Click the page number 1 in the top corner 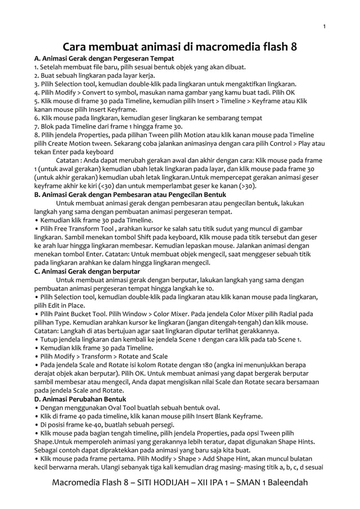pos(324,27)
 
